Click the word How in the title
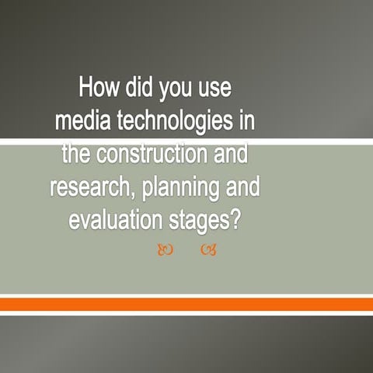tap(100, 89)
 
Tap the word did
tap(144, 89)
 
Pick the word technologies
tap(173, 123)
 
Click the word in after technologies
tap(248, 121)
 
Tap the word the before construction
tap(77, 154)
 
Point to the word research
tap(86, 187)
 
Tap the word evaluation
tap(113, 220)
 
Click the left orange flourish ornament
tap(163, 250)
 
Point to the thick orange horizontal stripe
tap(186, 305)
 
